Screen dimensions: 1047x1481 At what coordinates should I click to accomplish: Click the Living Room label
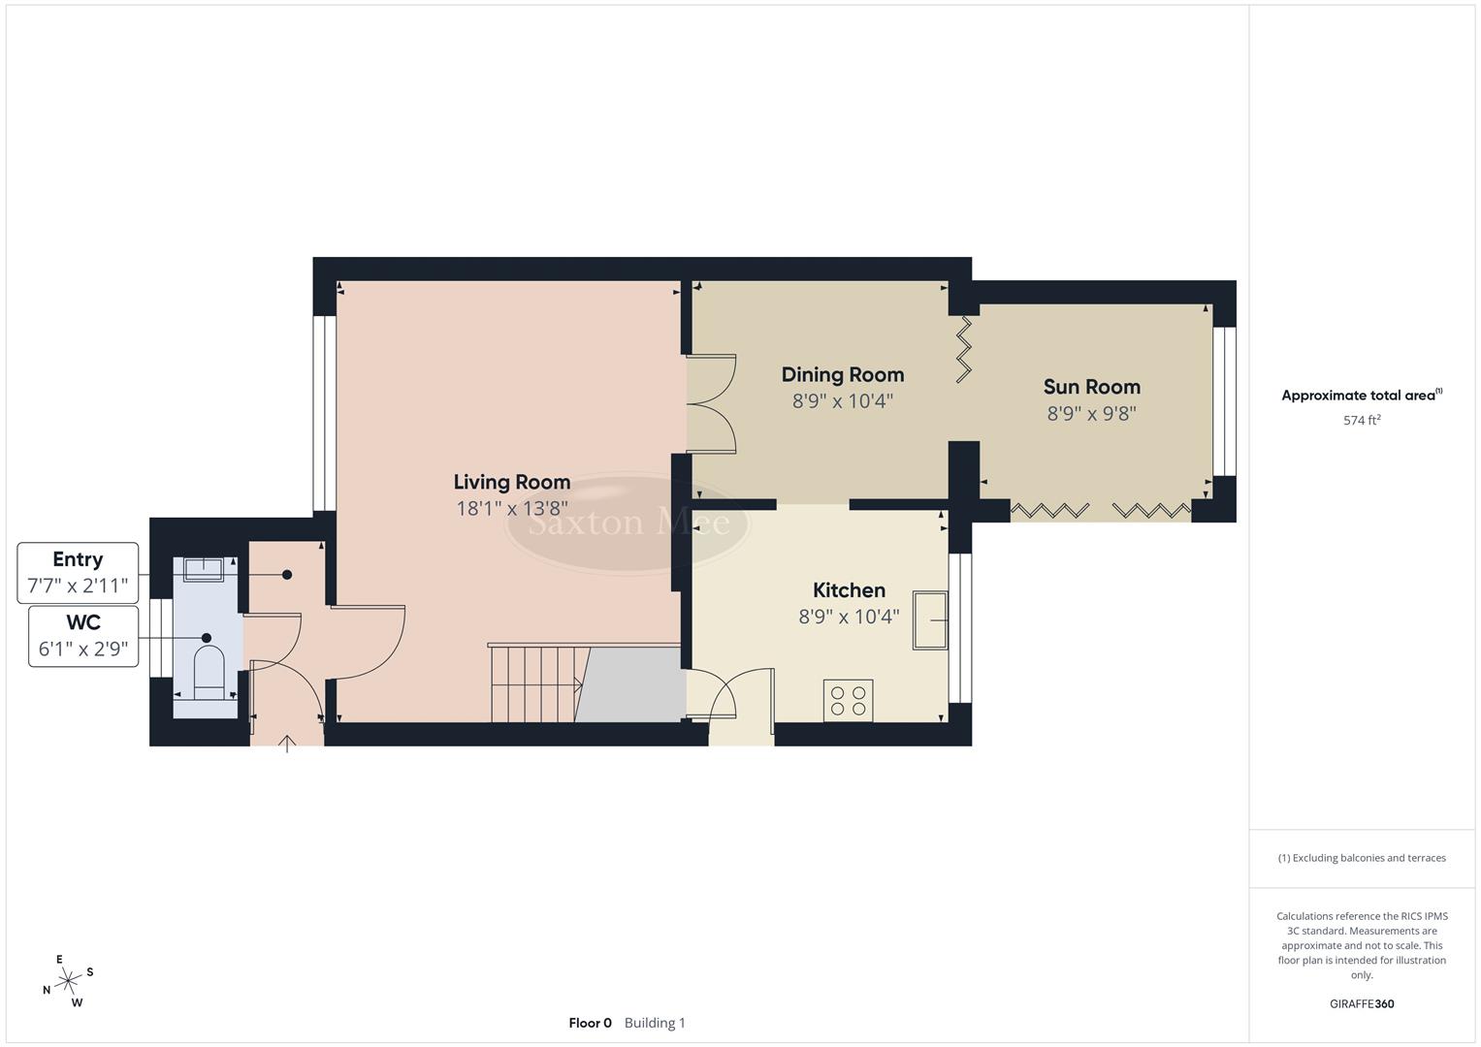[x=511, y=482]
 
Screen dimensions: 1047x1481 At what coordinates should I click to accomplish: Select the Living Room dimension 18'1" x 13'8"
[x=511, y=508]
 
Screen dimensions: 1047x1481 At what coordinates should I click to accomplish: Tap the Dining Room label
[x=842, y=374]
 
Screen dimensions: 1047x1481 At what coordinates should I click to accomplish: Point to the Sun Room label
[x=1091, y=387]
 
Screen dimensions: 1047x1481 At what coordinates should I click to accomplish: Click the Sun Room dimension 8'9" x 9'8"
[x=1091, y=414]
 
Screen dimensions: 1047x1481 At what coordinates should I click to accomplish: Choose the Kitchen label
[x=849, y=590]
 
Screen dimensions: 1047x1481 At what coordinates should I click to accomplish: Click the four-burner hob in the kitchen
[x=848, y=700]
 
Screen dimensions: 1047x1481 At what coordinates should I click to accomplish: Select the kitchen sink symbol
[x=929, y=619]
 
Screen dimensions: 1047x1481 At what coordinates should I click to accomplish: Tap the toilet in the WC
[x=209, y=672]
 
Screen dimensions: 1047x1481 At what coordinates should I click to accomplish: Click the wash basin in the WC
[x=204, y=569]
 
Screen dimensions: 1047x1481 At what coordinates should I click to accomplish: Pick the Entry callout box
[x=78, y=573]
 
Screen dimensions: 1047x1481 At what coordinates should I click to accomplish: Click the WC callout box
[x=83, y=636]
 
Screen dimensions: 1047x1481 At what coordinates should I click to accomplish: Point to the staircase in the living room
[x=537, y=683]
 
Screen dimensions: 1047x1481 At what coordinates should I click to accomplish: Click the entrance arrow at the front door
[x=287, y=744]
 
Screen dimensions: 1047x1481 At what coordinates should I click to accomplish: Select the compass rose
[x=68, y=981]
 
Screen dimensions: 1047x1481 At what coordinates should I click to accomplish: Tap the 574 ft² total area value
[x=1361, y=421]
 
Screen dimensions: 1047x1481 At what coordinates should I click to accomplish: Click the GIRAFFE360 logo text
[x=1361, y=1003]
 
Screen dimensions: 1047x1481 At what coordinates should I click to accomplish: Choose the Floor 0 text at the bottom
[x=590, y=1023]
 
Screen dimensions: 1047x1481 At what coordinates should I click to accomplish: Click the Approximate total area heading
[x=1361, y=396]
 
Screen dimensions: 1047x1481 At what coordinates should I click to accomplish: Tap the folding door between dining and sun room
[x=965, y=350]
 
